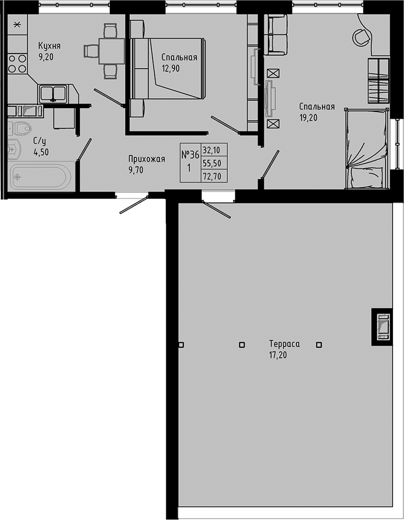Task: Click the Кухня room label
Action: pyautogui.click(x=49, y=46)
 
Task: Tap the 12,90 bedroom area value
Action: pyautogui.click(x=170, y=68)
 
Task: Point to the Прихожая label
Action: pyautogui.click(x=147, y=160)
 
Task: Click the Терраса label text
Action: pyautogui.click(x=284, y=344)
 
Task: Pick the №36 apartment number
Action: pyautogui.click(x=190, y=155)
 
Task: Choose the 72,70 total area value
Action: pyautogui.click(x=212, y=176)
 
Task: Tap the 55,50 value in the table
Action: pyautogui.click(x=212, y=163)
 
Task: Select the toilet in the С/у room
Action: pyautogui.click(x=21, y=127)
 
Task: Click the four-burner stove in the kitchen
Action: pyautogui.click(x=17, y=64)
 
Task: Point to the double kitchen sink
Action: pyautogui.click(x=54, y=93)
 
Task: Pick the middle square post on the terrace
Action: pyautogui.click(x=242, y=345)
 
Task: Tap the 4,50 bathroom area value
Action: pyautogui.click(x=41, y=153)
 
